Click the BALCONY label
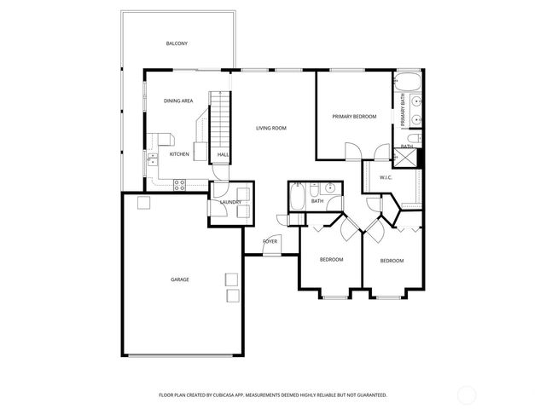pos(177,43)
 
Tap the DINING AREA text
pos(178,101)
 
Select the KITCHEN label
pos(179,154)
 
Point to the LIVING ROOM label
pos(271,128)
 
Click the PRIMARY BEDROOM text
pos(354,116)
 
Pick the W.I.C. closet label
pos(386,177)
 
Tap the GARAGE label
pos(179,279)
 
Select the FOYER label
pos(270,241)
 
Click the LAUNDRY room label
pos(230,202)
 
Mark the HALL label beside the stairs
pos(223,154)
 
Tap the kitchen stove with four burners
pos(180,183)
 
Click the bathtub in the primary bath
pos(408,84)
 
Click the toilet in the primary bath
pos(412,138)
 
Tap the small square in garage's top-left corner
pos(143,202)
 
